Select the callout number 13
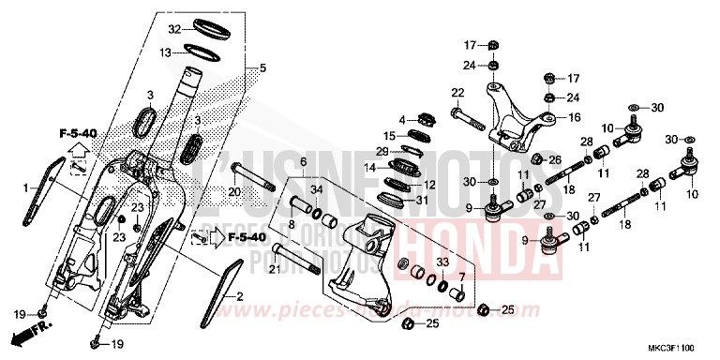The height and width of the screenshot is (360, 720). [x=165, y=52]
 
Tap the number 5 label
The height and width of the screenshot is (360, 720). [x=263, y=67]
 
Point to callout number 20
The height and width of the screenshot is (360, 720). [x=234, y=192]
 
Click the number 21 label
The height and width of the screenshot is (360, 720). [x=273, y=270]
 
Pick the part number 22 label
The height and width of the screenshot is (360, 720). [x=457, y=92]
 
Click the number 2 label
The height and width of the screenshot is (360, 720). [x=239, y=296]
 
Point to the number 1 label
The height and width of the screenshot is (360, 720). [x=27, y=188]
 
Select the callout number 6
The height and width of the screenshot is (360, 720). [x=304, y=162]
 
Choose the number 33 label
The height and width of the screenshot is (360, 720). [x=442, y=262]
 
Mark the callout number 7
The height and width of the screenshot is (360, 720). [x=460, y=276]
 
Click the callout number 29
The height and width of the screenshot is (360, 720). [x=382, y=151]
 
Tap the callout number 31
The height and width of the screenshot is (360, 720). [x=422, y=199]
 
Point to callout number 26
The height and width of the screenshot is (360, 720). [x=555, y=159]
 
